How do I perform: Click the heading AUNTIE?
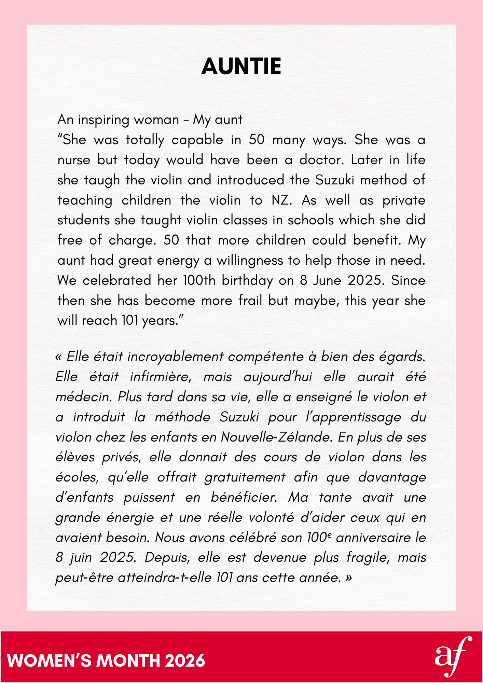coord(241,66)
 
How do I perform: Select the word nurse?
coord(74,160)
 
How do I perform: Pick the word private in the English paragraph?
coord(404,200)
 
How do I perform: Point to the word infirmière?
coord(161,377)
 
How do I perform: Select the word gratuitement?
coord(245,477)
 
